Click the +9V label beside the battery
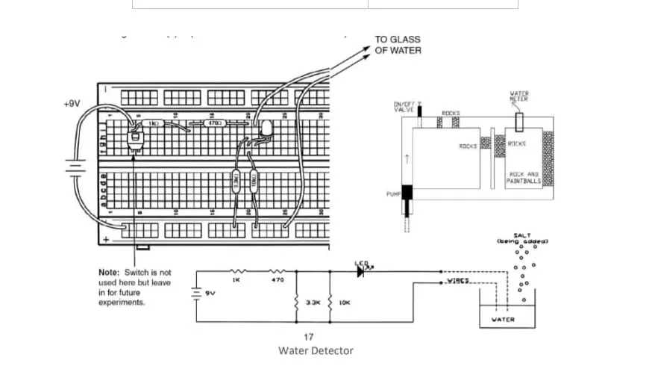click(x=72, y=104)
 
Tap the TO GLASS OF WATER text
click(x=398, y=45)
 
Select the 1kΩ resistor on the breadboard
click(x=154, y=122)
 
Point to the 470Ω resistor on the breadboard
click(x=211, y=122)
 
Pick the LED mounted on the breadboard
click(x=265, y=131)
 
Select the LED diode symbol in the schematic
click(x=361, y=272)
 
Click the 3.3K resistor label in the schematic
click(x=312, y=303)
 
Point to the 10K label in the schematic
click(x=345, y=303)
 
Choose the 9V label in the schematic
click(x=210, y=294)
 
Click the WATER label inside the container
click(x=503, y=320)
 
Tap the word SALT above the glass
click(x=521, y=235)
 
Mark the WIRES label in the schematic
click(x=457, y=282)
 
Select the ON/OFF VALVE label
click(x=404, y=107)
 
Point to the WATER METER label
click(x=519, y=96)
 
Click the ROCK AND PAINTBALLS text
click(x=522, y=177)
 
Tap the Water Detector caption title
click(x=316, y=350)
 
